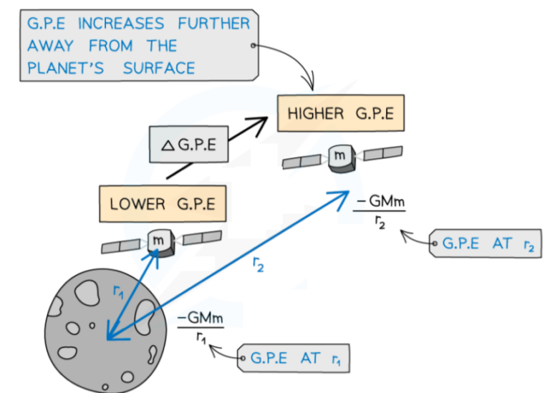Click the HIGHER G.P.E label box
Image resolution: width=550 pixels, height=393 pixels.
(340, 114)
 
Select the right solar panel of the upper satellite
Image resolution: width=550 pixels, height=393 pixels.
(382, 152)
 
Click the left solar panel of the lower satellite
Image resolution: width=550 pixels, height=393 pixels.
(120, 246)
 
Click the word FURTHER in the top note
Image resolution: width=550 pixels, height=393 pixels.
(214, 24)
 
